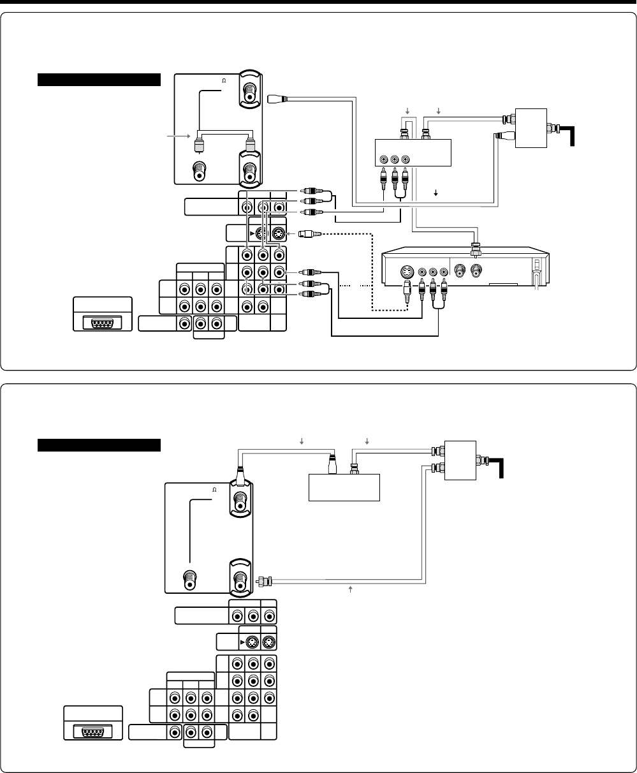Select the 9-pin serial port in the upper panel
[102, 322]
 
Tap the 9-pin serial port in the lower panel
[92, 732]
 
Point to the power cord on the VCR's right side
[536, 281]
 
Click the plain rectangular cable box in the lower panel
[344, 488]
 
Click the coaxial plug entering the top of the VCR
[474, 245]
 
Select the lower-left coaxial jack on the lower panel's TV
[189, 580]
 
